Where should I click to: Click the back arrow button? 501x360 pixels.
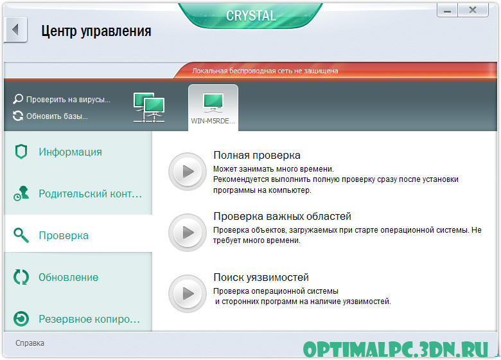pos(15,30)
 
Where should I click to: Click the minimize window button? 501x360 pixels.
pos(447,10)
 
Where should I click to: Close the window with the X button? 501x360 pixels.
pos(473,10)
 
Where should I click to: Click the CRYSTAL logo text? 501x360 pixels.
pos(251,15)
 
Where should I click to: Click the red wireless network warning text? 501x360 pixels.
pos(265,71)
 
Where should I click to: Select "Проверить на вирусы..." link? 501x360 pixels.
pos(62,100)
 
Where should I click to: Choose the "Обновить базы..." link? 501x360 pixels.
pos(51,116)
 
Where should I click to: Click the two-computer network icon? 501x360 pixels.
pos(149,107)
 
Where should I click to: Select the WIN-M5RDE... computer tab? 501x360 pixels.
pos(213,108)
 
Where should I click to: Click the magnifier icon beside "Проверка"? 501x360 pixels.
pos(21,235)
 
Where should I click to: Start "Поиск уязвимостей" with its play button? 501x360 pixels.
pos(188,294)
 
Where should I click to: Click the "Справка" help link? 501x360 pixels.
pos(30,343)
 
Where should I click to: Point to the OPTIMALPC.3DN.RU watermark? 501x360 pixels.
pos(396,350)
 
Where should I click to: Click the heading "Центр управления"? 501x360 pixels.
pos(96,32)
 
